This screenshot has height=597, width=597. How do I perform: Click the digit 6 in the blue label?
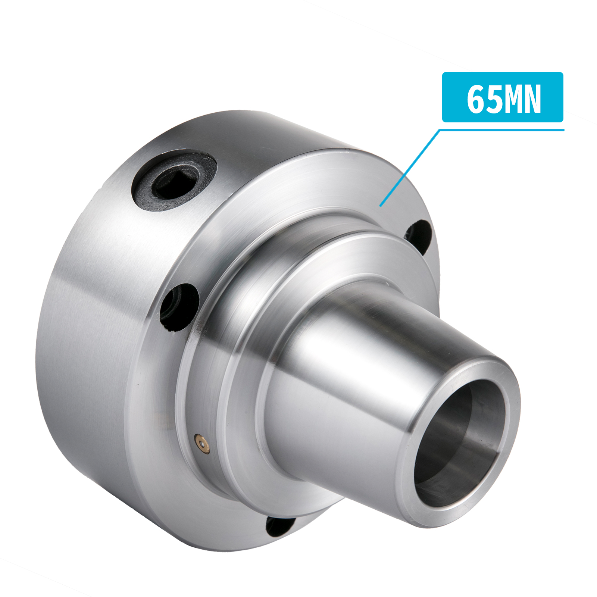click(475, 99)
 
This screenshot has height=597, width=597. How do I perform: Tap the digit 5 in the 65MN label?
click(492, 99)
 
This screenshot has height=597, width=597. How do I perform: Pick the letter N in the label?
click(532, 99)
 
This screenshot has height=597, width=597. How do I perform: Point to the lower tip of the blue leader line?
click(381, 206)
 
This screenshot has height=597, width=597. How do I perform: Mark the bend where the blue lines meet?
click(440, 130)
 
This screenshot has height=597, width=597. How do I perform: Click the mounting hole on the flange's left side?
click(178, 307)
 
